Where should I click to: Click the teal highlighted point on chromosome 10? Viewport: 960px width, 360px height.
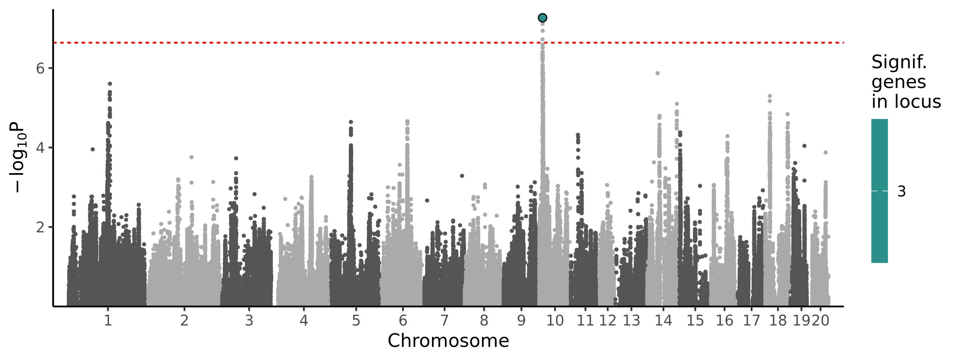click(542, 18)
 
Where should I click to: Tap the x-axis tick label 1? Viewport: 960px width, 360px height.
click(108, 320)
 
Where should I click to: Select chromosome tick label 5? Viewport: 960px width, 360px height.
click(356, 320)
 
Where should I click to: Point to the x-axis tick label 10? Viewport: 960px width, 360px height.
click(555, 320)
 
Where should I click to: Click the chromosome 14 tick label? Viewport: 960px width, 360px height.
click(663, 320)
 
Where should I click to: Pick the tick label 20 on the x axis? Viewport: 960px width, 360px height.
click(821, 320)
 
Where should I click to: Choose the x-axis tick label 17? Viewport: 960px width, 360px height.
click(751, 320)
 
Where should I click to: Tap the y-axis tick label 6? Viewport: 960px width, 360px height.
click(40, 68)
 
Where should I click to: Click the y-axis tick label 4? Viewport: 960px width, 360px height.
click(40, 148)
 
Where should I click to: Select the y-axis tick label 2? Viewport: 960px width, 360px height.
click(40, 227)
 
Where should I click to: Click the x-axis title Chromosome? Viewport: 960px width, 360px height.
click(448, 341)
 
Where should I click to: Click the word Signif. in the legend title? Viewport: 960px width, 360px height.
click(899, 62)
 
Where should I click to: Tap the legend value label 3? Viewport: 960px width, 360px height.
click(902, 192)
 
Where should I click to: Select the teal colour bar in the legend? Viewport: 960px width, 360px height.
click(880, 191)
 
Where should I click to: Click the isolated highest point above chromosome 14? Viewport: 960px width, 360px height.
click(658, 73)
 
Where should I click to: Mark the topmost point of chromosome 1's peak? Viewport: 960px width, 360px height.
click(110, 84)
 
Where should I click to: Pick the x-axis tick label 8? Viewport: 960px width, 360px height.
click(484, 320)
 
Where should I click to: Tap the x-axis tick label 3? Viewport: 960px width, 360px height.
click(249, 320)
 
